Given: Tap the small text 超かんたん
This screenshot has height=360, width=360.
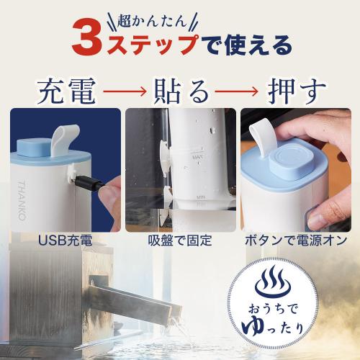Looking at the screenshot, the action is tap(152, 22).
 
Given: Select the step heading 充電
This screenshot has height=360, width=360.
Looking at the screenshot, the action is tap(66, 91).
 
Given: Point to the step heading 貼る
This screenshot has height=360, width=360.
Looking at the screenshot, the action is tap(181, 91).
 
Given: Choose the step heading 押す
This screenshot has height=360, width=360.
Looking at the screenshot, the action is tap(297, 91).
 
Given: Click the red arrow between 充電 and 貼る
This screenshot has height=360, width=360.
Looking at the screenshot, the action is tap(125, 91).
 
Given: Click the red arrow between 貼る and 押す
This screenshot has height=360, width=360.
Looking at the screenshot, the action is tap(236, 91).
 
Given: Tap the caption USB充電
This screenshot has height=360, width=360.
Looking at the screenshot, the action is tap(66, 240).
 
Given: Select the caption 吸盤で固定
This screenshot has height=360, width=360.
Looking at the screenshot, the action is tap(180, 240).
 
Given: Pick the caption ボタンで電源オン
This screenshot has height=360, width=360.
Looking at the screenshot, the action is tap(296, 240).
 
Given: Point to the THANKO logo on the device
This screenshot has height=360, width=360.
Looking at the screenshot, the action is tap(22, 201).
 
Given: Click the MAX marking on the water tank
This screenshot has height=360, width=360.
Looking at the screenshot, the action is tap(198, 158).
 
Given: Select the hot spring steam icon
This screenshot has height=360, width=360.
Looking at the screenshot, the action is tap(273, 283).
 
